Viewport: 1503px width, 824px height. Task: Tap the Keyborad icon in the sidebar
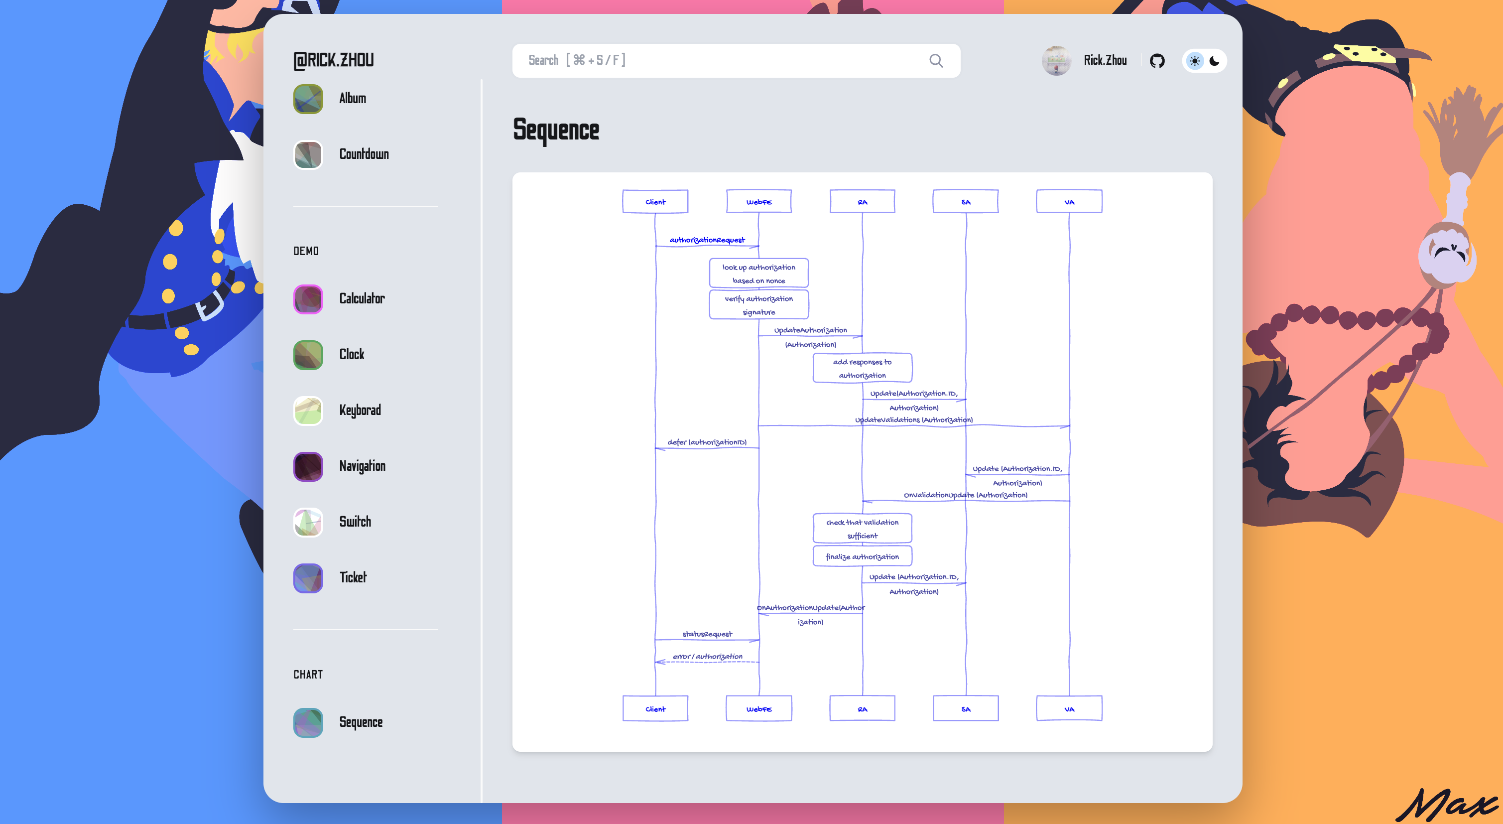[308, 411]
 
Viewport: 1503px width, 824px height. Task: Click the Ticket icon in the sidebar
[308, 578]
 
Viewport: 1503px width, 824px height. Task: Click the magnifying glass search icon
[936, 61]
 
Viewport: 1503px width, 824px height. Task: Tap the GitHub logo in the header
[1157, 61]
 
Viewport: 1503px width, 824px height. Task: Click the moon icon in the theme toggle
[1215, 61]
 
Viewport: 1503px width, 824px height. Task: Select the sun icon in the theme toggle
[1194, 61]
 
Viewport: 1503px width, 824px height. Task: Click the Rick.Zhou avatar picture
[1056, 61]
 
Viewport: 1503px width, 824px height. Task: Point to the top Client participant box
[655, 202]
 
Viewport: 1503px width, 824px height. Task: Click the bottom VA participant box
[1069, 708]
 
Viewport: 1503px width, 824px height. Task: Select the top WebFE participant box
[758, 202]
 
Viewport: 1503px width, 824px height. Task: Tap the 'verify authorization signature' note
[758, 304]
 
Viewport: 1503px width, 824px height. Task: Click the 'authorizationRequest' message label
[707, 240]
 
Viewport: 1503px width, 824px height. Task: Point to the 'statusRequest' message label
[707, 634]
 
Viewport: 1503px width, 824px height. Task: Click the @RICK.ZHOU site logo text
[334, 60]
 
